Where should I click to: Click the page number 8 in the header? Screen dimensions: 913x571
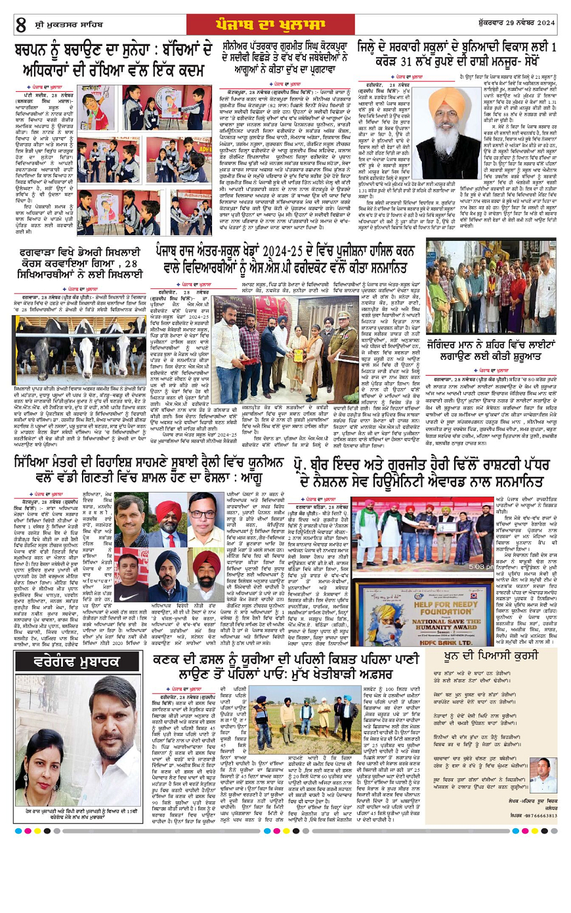(x=21, y=25)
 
